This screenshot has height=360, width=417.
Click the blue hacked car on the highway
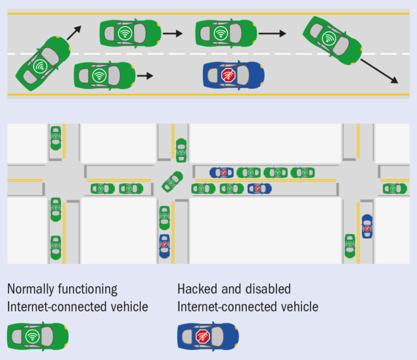234,76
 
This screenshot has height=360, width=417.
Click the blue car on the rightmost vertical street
366,227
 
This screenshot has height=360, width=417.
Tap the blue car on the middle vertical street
164,246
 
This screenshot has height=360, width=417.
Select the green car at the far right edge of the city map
395,189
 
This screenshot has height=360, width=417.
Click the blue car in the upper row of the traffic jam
221,172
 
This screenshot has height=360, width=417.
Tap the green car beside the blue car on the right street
350,245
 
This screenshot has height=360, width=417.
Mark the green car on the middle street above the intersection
181,150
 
